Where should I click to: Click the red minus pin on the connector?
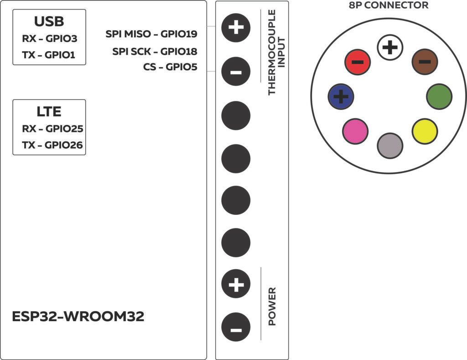point(358,62)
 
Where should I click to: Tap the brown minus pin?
point(425,62)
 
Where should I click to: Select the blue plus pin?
point(341,97)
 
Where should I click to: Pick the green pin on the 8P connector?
point(439,97)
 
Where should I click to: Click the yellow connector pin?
point(425,131)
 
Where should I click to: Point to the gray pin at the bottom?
point(390,146)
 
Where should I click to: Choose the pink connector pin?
point(355,131)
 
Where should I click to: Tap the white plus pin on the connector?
point(390,47)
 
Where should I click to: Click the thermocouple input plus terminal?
point(236,28)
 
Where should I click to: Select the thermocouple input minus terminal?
point(236,72)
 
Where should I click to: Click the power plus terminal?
point(236,284)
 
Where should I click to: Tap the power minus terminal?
point(236,327)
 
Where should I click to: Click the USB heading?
point(49,21)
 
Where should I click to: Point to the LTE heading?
point(49,112)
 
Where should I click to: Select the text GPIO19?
point(179,34)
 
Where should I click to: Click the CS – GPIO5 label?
point(170,67)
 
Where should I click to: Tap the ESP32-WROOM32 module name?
point(78,317)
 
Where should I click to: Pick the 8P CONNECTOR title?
point(389,5)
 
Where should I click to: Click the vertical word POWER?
point(272,306)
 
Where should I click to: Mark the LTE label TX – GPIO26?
point(52,145)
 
